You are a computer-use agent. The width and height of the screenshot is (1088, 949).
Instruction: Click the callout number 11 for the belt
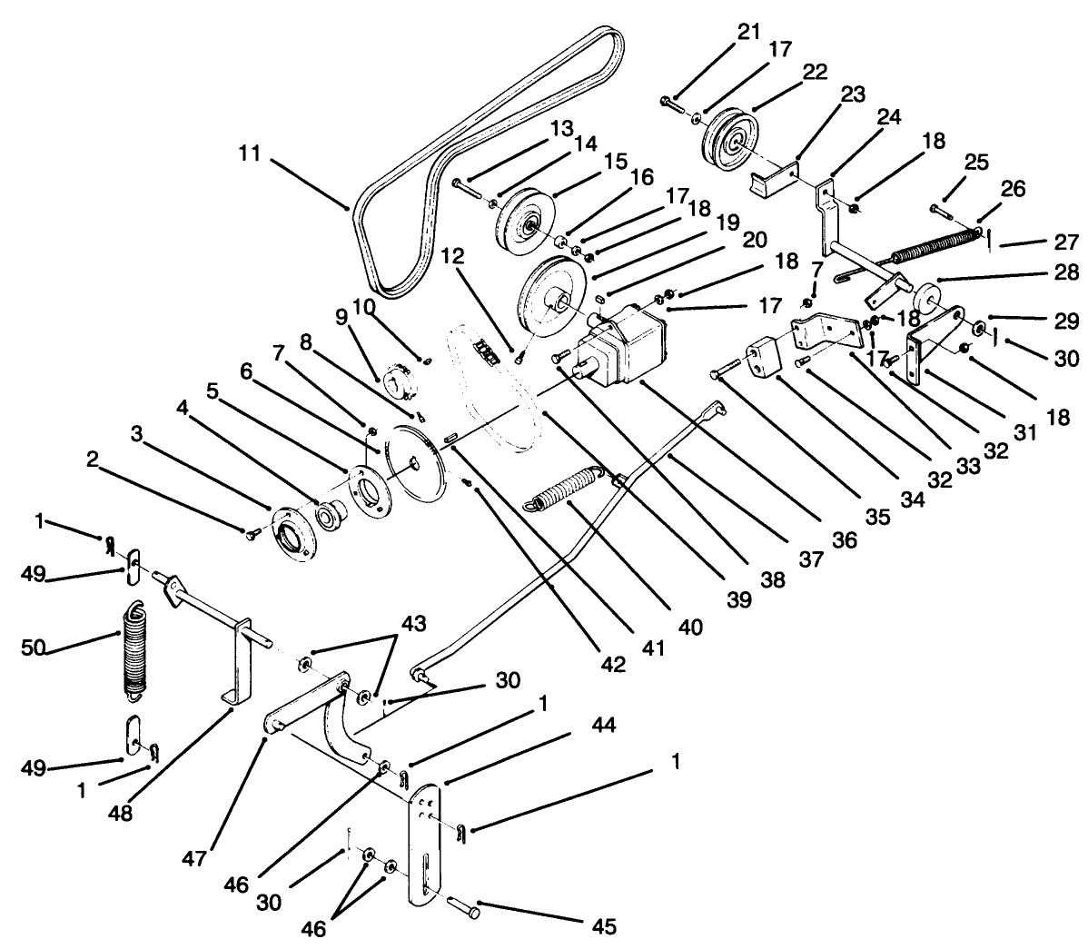point(250,154)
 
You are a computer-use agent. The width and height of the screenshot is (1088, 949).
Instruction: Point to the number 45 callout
point(603,926)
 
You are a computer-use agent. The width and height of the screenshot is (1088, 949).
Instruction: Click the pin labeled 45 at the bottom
point(463,905)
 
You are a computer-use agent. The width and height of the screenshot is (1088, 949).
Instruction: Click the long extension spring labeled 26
point(935,245)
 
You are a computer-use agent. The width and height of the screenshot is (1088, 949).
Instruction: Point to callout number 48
point(119,813)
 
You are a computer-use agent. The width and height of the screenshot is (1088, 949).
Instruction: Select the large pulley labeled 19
point(552,295)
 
